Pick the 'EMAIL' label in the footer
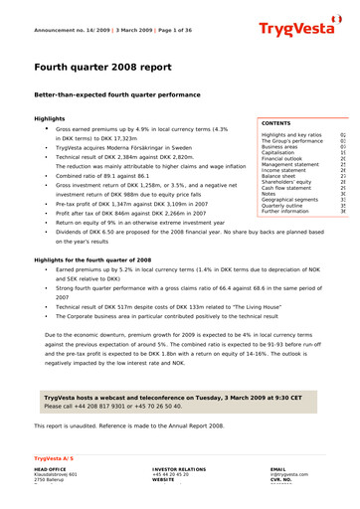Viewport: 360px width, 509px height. point(278,468)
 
